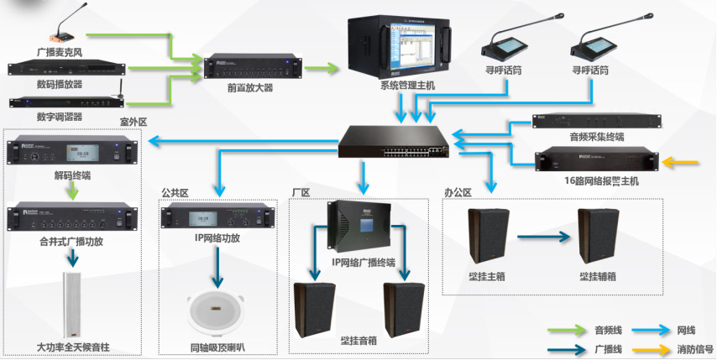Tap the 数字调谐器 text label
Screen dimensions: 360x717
pos(60,116)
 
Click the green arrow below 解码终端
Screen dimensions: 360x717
pos(72,191)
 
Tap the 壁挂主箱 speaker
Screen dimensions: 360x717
pos(486,237)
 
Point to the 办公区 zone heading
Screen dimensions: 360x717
pos(458,192)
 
